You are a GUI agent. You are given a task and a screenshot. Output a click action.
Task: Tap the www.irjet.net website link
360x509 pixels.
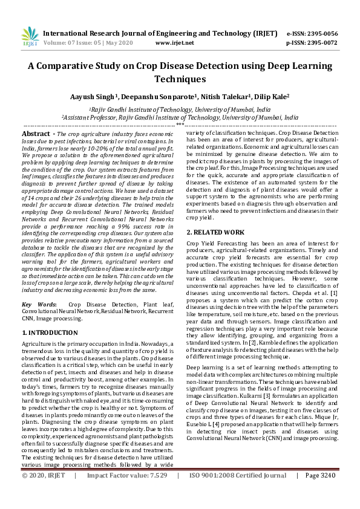(174, 43)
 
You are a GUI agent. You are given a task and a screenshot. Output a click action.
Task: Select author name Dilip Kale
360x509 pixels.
(270, 97)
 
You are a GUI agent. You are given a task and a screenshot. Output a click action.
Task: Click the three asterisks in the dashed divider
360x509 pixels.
(180, 125)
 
